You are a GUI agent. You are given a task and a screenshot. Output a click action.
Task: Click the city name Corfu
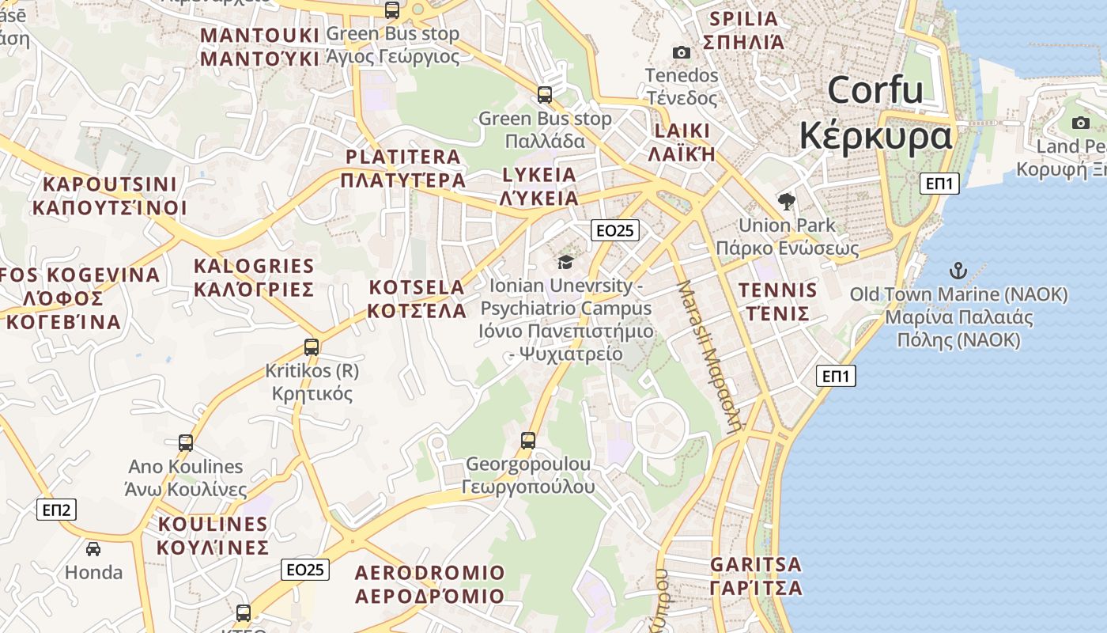tap(875, 90)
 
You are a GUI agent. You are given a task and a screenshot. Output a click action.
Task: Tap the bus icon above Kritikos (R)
tap(312, 347)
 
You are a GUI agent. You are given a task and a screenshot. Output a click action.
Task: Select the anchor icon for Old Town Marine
tap(958, 271)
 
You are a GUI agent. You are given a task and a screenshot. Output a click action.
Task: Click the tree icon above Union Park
tap(786, 202)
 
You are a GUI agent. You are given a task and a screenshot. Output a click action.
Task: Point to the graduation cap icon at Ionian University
tap(565, 262)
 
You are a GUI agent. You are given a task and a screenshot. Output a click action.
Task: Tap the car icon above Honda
tap(93, 548)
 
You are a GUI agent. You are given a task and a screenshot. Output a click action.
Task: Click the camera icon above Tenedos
tap(681, 53)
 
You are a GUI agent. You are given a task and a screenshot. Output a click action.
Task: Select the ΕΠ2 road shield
tap(57, 510)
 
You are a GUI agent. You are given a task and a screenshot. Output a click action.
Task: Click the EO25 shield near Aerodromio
tap(305, 570)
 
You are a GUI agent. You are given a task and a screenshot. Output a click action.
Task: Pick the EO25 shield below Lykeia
tap(615, 230)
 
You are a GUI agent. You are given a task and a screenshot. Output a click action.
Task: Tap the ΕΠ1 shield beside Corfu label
tap(940, 184)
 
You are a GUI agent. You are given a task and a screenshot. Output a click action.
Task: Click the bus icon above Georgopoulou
tap(528, 440)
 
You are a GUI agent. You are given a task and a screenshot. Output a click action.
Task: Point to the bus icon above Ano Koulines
tap(186, 443)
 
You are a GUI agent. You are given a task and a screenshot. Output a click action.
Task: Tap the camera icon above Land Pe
tap(1081, 123)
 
